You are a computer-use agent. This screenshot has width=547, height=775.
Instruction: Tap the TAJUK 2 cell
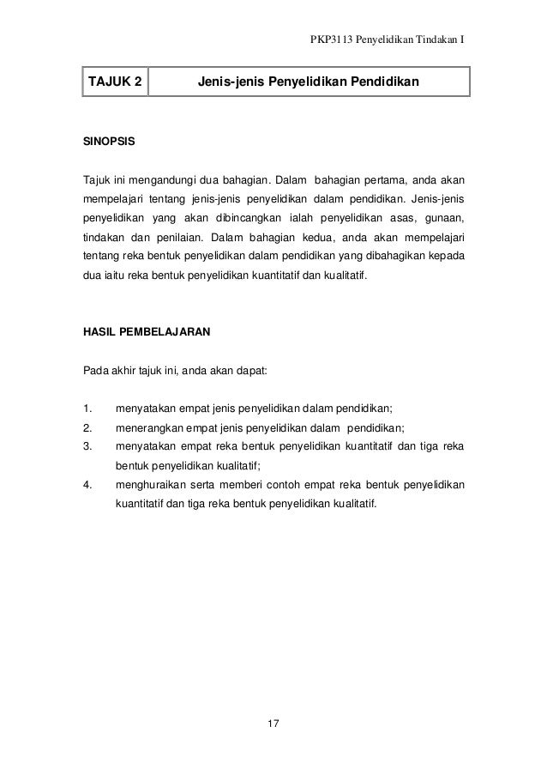(112, 84)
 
